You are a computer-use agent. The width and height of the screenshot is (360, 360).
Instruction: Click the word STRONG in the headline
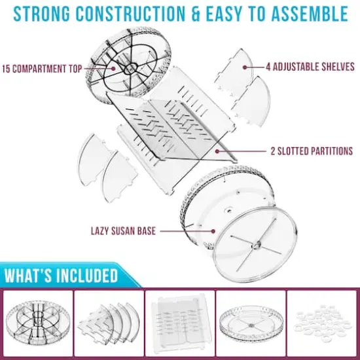pyautogui.click(x=41, y=14)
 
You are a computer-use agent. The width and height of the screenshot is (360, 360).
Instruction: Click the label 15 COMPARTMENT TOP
pyautogui.click(x=42, y=69)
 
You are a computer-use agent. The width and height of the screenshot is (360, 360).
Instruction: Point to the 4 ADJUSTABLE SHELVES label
pyautogui.click(x=310, y=67)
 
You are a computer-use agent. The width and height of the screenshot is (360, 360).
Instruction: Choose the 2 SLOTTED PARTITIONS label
pyautogui.click(x=312, y=151)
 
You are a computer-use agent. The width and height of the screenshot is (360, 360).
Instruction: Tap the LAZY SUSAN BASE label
pyautogui.click(x=124, y=231)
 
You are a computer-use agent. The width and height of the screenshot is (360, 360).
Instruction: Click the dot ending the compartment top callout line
pyautogui.click(x=113, y=69)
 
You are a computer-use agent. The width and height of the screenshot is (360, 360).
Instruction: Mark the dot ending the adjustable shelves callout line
pyautogui.click(x=245, y=67)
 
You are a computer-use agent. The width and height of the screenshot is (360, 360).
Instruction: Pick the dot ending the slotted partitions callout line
pyautogui.click(x=217, y=151)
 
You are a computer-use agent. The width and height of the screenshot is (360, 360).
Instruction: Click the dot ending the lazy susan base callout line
pyautogui.click(x=213, y=231)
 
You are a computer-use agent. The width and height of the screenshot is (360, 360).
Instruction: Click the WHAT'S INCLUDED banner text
pyautogui.click(x=61, y=275)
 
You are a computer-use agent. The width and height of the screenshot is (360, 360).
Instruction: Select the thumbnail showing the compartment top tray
pyautogui.click(x=38, y=323)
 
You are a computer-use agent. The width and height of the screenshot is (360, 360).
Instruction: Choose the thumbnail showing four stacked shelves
pyautogui.click(x=109, y=323)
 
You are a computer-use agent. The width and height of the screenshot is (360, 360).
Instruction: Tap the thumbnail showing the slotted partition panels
pyautogui.click(x=180, y=323)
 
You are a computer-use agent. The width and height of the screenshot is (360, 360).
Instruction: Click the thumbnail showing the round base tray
pyautogui.click(x=251, y=323)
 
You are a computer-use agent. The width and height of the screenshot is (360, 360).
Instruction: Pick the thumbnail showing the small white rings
pyautogui.click(x=322, y=323)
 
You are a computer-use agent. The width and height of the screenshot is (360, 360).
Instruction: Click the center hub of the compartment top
pyautogui.click(x=131, y=68)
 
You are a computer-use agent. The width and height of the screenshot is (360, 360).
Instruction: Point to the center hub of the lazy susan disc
pyautogui.click(x=255, y=246)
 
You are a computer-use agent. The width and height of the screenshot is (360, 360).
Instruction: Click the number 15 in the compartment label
pyautogui.click(x=6, y=69)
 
